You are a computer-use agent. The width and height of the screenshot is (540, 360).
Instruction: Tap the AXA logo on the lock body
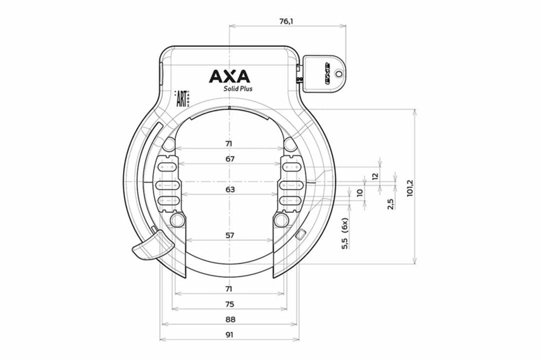pyautogui.click(x=229, y=76)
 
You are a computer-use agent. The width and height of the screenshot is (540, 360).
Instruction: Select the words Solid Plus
pyautogui.click(x=237, y=89)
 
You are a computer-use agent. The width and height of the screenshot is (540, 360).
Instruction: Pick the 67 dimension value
pyautogui.click(x=229, y=159)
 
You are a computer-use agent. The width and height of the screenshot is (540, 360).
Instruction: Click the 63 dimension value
pyautogui.click(x=229, y=189)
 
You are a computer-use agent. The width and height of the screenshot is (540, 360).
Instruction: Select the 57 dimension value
pyautogui.click(x=229, y=235)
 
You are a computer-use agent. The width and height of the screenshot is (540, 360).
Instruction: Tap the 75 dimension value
pyautogui.click(x=229, y=304)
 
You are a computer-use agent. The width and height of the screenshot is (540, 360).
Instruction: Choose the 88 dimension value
pyautogui.click(x=229, y=319)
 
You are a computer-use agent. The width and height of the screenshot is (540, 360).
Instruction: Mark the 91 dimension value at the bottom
pyautogui.click(x=229, y=334)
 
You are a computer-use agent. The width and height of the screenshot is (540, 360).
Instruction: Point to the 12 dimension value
pyautogui.click(x=375, y=175)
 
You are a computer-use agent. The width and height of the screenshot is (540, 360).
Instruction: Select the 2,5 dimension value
pyautogui.click(x=391, y=203)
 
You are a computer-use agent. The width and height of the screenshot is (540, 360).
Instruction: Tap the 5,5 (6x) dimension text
pyautogui.click(x=344, y=233)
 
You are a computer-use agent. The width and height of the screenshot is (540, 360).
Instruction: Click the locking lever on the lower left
pyautogui.click(x=150, y=245)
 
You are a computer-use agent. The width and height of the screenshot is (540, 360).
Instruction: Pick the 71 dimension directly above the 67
pyautogui.click(x=229, y=143)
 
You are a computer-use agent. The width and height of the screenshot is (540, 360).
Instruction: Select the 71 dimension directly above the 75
pyautogui.click(x=229, y=289)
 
